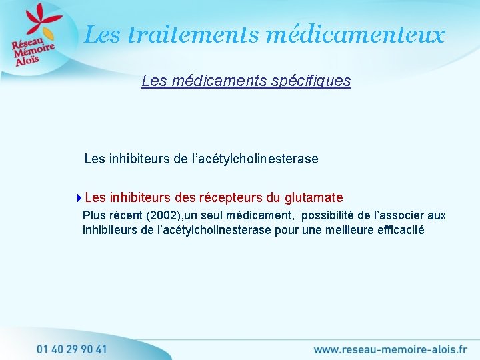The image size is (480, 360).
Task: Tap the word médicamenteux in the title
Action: click(x=355, y=34)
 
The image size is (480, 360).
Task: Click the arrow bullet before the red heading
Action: click(x=79, y=197)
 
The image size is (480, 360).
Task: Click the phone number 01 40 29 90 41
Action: click(x=72, y=349)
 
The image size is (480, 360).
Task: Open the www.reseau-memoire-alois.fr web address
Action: click(x=390, y=349)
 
